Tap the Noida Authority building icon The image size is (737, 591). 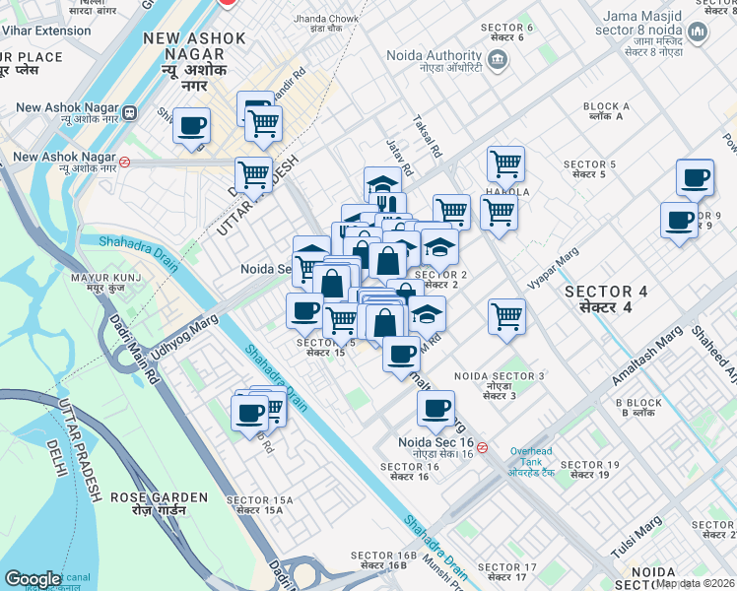pyautogui.click(x=498, y=59)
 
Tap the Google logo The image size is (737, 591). pyautogui.click(x=33, y=579)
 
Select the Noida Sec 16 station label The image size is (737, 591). pyautogui.click(x=436, y=448)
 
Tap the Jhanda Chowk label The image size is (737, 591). pyautogui.click(x=324, y=24)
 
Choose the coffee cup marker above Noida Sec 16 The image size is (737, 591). pyautogui.click(x=435, y=408)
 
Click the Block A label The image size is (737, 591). pyautogui.click(x=606, y=111)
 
